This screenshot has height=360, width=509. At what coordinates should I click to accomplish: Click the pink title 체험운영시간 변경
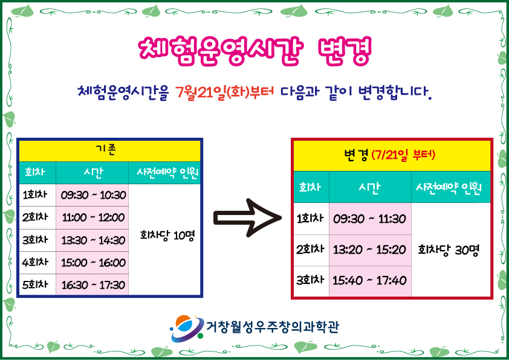pos(255,51)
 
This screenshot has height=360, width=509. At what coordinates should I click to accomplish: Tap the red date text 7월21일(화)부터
pos(224,92)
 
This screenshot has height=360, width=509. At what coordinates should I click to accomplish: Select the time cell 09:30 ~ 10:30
pos(93,195)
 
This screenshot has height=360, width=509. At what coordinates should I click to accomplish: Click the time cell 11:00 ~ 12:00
pos(93,217)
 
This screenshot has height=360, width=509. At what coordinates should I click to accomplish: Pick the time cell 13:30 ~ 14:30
pos(93,240)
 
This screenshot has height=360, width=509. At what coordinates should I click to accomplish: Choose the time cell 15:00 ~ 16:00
pos(93,262)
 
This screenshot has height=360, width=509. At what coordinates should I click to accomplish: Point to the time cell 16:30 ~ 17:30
pos(93,284)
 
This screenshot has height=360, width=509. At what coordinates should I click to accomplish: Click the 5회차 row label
pos(35,284)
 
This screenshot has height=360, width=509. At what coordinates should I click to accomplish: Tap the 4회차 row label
pos(35,262)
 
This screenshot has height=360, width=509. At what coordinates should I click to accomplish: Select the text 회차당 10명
pos(167,236)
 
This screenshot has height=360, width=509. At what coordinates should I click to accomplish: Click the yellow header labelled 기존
pos(110,151)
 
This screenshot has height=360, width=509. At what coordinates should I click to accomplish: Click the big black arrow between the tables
pos(247,217)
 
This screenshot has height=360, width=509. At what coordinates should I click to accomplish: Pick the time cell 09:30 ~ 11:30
pos(369,219)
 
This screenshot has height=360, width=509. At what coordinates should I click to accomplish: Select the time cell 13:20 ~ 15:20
pos(369,249)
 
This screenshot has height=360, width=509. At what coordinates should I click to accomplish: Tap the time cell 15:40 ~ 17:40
pos(369,280)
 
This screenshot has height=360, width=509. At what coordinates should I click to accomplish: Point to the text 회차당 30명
pos(449,250)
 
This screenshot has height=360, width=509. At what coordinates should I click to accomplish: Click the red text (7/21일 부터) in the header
pos(403,155)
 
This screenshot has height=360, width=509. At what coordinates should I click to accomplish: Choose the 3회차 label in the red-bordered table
pos(310,280)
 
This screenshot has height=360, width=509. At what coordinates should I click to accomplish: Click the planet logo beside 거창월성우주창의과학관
pos(187,328)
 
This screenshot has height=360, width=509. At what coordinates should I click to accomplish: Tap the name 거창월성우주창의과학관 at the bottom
pos(273,327)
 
